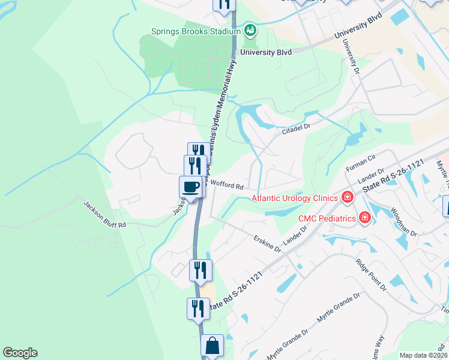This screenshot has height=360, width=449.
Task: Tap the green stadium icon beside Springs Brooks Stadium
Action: pos(250,29)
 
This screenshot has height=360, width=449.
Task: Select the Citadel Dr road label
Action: pos(296,128)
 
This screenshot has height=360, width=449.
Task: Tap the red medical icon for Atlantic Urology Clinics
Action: pos(346,197)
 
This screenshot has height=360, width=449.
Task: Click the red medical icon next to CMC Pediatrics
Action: pos(364,217)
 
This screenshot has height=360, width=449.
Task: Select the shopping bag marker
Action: pos(212,346)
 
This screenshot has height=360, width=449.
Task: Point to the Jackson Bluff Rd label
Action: pos(104,215)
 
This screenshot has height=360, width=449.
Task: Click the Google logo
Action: pos(20,353)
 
